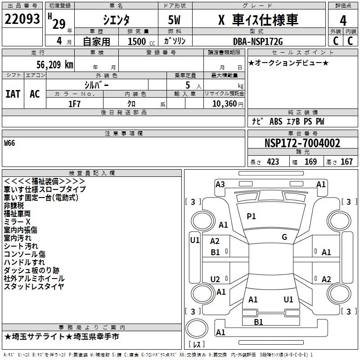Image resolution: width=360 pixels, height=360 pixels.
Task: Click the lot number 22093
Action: [22, 20]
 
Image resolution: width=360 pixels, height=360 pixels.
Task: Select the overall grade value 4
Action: [343, 21]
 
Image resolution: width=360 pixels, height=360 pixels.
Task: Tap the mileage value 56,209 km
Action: [50, 64]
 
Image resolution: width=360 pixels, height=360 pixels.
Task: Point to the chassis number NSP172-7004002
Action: [302, 144]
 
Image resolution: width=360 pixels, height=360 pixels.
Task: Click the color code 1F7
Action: [74, 103]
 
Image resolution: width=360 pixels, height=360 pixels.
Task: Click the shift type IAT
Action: [13, 94]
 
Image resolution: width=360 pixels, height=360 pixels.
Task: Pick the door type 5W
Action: [175, 21]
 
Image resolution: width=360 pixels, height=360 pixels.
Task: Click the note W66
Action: [9, 143]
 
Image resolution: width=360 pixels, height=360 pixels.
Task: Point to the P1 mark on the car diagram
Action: [251, 216]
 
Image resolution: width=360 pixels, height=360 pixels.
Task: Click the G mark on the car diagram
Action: [284, 237]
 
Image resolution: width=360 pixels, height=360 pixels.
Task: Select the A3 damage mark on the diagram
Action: [220, 184]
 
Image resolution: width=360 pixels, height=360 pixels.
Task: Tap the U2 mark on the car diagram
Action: [215, 279]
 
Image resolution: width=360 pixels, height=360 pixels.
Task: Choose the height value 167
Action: [346, 162]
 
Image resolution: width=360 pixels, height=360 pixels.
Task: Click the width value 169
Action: [310, 162]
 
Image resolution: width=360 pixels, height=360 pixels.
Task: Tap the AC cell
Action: [35, 94]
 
